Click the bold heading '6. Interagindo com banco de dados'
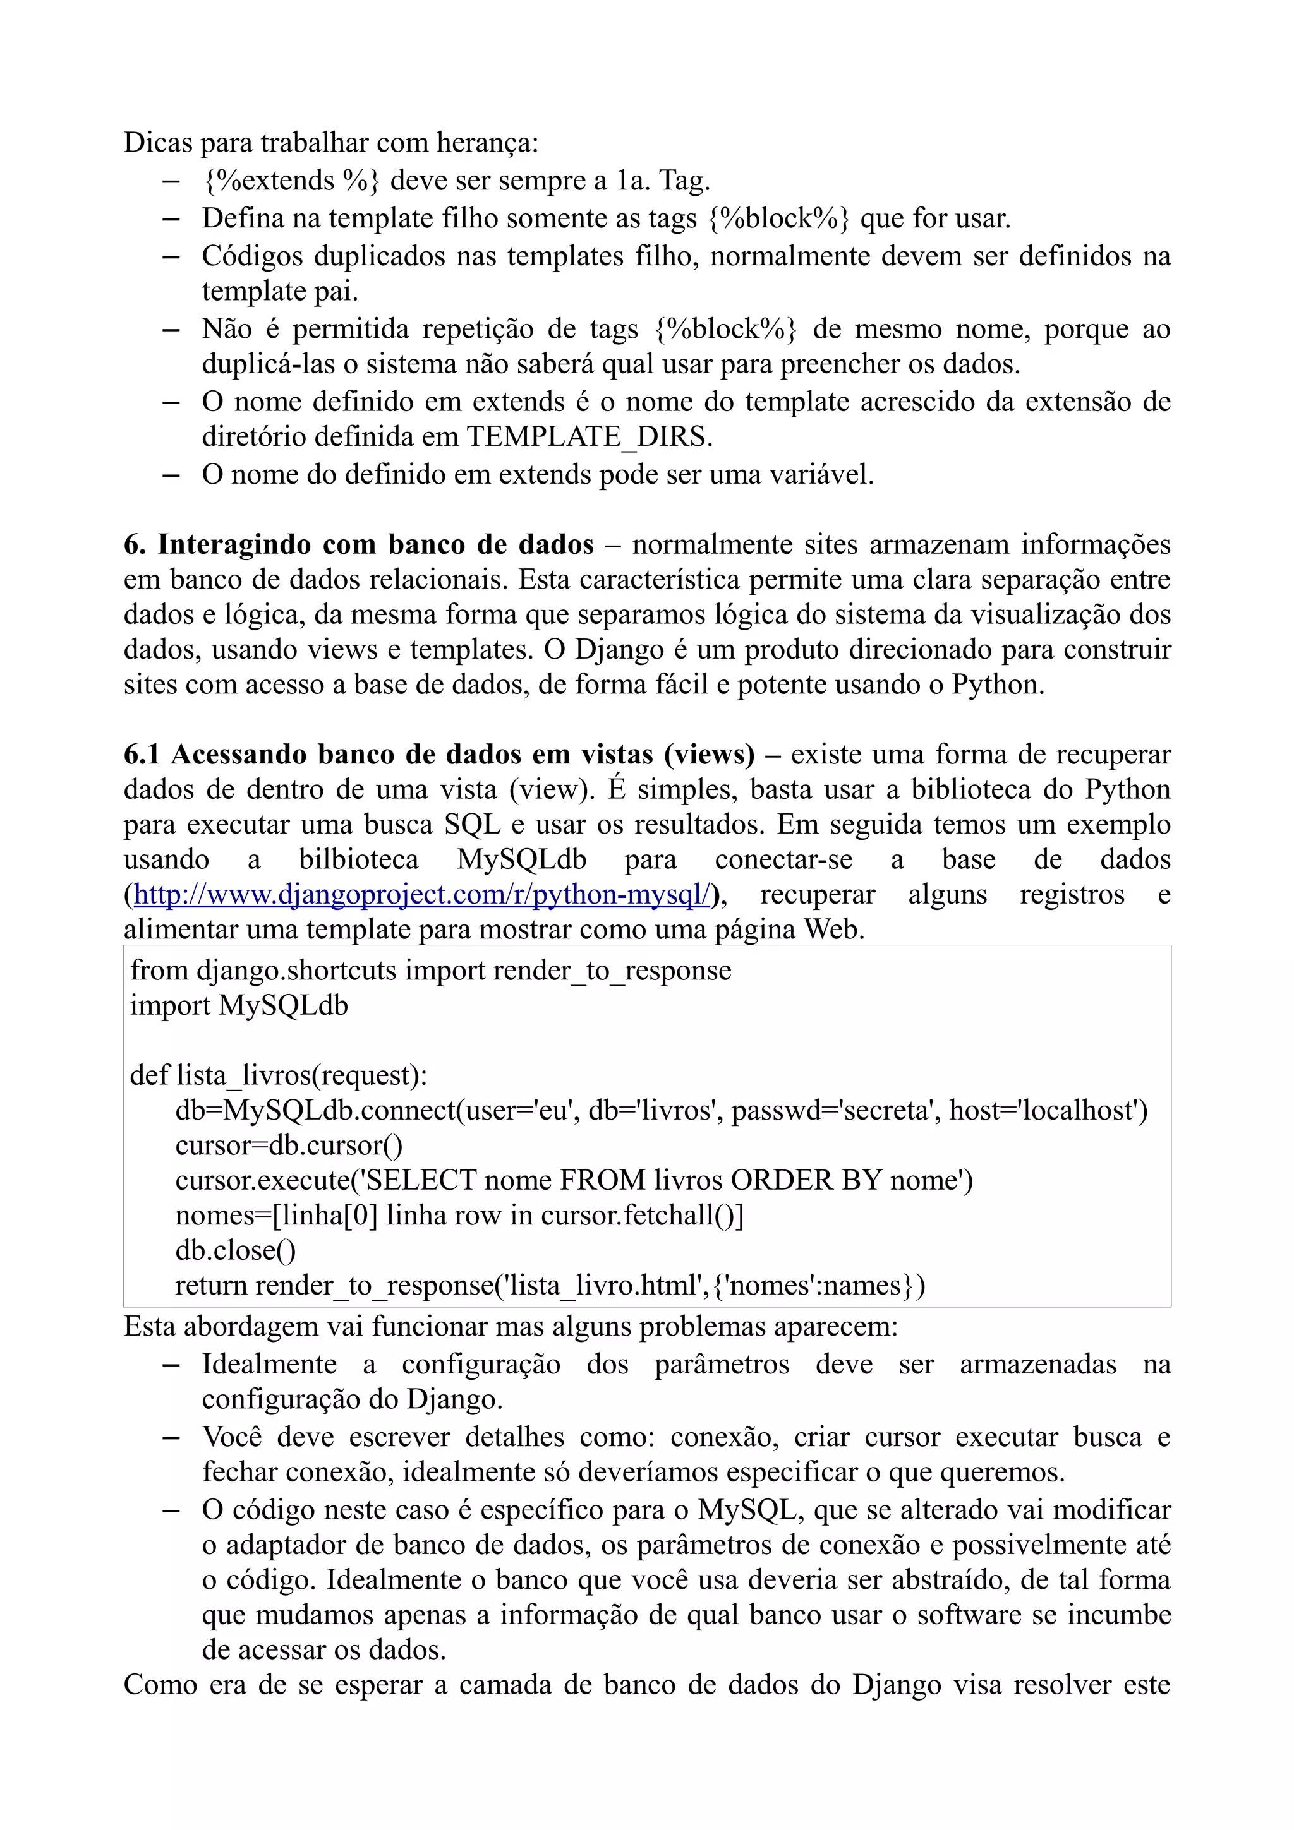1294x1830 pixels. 359,544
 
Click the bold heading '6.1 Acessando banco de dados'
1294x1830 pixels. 438,754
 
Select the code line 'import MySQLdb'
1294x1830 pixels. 239,1006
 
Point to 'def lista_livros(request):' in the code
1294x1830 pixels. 278,1076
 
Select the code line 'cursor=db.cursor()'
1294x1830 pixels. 289,1146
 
